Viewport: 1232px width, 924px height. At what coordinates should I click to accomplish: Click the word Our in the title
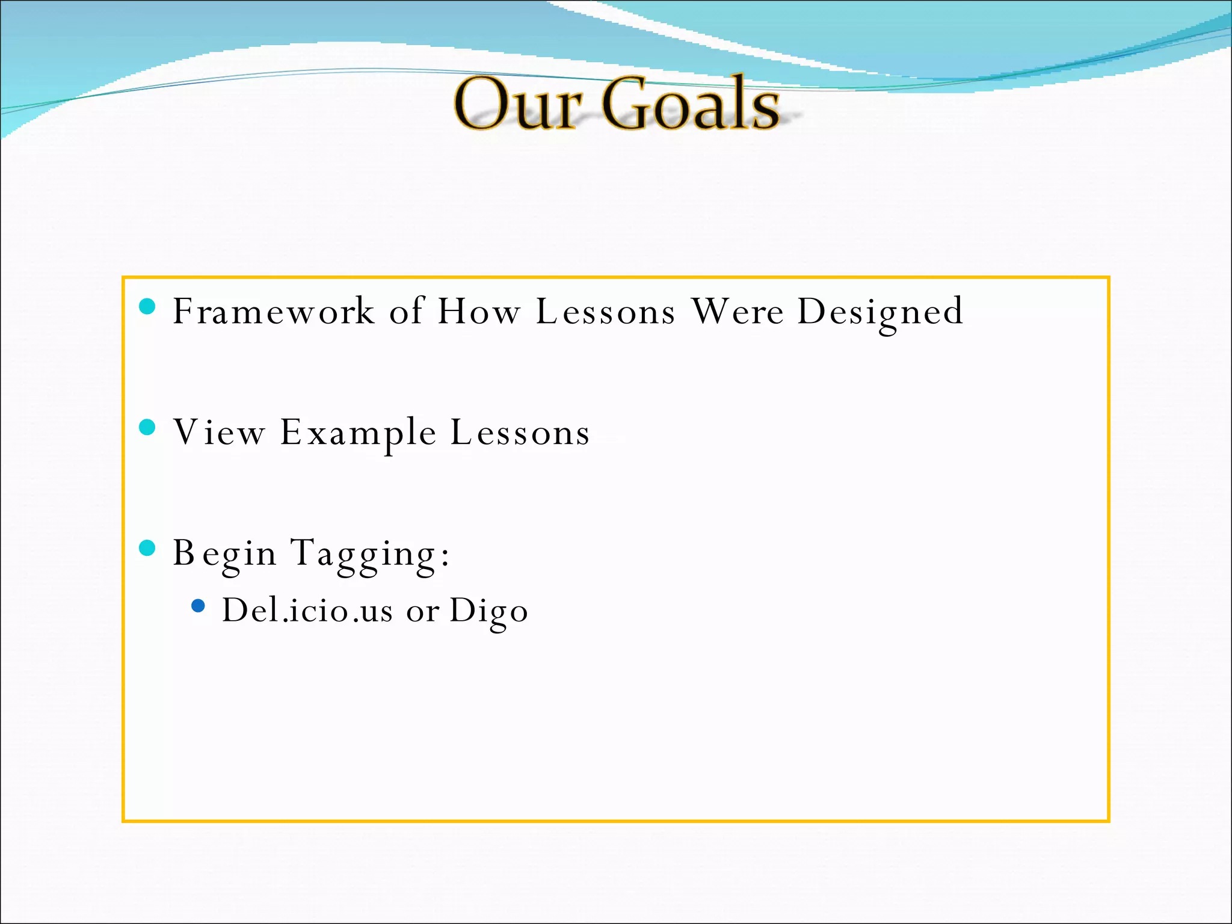coord(517,105)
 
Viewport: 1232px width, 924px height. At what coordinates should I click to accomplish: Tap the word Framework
coord(274,312)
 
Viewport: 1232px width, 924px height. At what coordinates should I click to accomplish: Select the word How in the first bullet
coord(479,312)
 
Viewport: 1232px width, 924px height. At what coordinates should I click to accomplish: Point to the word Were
coord(738,312)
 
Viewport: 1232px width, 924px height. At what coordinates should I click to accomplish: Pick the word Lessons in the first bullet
coord(606,312)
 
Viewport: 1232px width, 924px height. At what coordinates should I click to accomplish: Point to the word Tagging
coord(369,553)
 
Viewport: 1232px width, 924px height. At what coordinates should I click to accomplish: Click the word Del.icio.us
coord(307,611)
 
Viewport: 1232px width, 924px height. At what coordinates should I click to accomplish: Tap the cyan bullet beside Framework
coord(147,307)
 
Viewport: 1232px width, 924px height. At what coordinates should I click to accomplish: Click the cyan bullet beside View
coord(147,427)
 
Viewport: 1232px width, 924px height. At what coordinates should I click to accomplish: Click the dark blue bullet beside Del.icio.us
coord(198,605)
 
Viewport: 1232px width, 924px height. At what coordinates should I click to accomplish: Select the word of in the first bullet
coord(407,312)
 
